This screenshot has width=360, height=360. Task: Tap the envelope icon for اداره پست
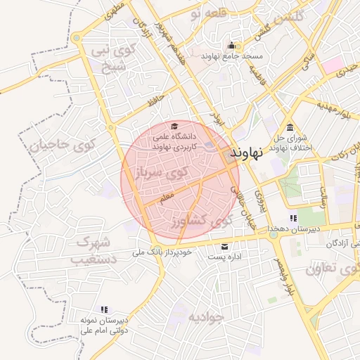(x=224, y=246)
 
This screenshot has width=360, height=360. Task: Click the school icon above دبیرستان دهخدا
(x=293, y=218)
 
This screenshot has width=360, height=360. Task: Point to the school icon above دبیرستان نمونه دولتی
(x=104, y=309)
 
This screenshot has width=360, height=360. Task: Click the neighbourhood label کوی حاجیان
(x=62, y=147)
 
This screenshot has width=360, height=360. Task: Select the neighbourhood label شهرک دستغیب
(x=90, y=250)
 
